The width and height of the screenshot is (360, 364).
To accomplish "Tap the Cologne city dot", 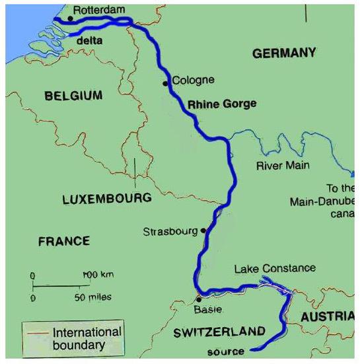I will coord(166,83).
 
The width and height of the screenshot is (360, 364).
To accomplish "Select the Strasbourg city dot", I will coord(203,231).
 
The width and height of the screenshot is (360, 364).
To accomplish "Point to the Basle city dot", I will coord(198,299).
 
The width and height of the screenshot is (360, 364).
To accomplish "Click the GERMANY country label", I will coord(285,54).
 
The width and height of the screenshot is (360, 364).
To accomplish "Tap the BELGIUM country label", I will coord(73,96).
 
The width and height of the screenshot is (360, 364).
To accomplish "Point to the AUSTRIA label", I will coord(328,318).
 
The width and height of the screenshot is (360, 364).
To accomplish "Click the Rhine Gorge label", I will coord(222,104).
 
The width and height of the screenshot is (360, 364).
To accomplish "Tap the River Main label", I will coord(283,165).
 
